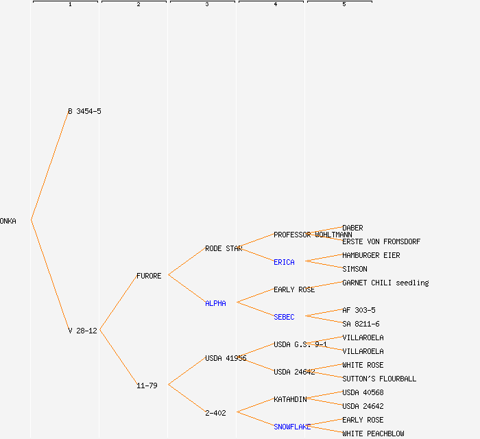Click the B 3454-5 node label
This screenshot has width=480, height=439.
point(84,111)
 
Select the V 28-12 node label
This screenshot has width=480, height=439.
point(82,331)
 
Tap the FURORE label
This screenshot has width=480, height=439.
point(149,276)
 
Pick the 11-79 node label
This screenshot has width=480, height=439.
point(147,385)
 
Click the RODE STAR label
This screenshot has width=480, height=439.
point(224,248)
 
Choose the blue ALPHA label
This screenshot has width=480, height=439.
point(215,303)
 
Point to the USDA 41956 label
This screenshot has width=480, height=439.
point(226,358)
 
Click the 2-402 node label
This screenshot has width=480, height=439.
point(215,413)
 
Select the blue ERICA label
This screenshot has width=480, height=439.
point(284,262)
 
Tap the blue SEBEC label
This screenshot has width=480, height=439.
point(284,317)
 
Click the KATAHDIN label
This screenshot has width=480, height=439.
point(290,399)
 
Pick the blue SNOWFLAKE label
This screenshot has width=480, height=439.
point(292,427)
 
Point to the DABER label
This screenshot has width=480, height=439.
point(352,228)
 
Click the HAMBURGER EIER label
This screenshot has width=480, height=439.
point(371,255)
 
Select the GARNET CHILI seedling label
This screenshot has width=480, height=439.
point(385,283)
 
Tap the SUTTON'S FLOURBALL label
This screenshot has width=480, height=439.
point(379,379)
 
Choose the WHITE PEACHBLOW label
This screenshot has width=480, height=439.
point(373,434)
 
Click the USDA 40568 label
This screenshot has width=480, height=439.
point(363,392)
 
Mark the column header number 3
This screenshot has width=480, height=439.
point(206,5)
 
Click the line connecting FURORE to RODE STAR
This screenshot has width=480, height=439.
point(187,261)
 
